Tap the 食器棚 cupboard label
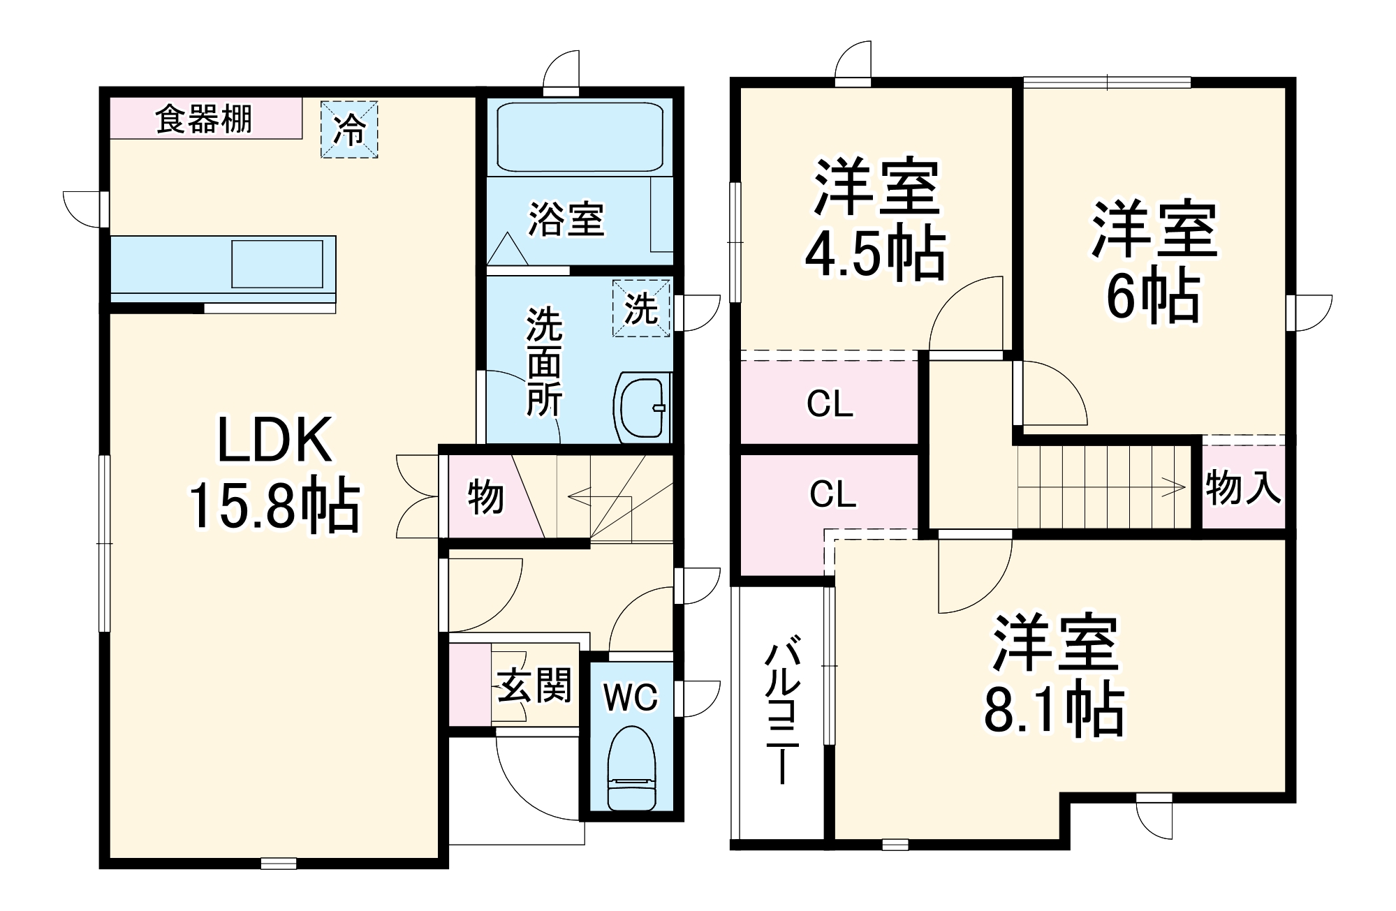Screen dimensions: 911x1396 [203, 119]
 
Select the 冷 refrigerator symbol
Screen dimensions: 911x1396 [349, 129]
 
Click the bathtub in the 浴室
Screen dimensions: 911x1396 [580, 138]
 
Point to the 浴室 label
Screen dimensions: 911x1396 [566, 219]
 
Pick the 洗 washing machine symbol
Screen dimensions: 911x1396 [641, 308]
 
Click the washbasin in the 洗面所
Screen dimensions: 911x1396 [641, 408]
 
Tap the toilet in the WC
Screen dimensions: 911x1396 [631, 768]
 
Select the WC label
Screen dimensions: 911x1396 [631, 697]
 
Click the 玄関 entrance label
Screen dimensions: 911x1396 [534, 685]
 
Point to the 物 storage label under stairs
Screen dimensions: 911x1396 [485, 497]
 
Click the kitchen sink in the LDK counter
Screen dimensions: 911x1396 [277, 264]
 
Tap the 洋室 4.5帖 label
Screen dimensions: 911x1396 [876, 219]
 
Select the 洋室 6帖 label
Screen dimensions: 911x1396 [1154, 261]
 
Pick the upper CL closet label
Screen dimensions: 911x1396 [830, 403]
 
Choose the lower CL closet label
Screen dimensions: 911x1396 [832, 494]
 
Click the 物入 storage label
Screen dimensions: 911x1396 [1243, 487]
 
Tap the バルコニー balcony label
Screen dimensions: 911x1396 [781, 709]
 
